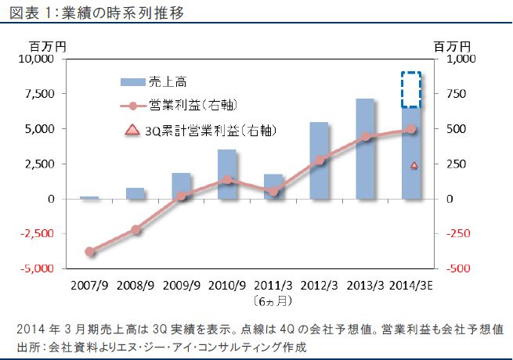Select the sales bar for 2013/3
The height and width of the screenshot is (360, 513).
click(366, 149)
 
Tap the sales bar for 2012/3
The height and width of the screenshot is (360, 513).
click(320, 160)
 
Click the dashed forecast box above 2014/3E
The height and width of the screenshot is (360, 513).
click(411, 90)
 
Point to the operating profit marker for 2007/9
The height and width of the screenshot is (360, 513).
click(89, 251)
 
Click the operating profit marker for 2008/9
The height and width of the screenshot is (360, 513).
click(135, 229)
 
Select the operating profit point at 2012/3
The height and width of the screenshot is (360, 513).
click(320, 160)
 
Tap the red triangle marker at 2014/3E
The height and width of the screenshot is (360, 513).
click(414, 166)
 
